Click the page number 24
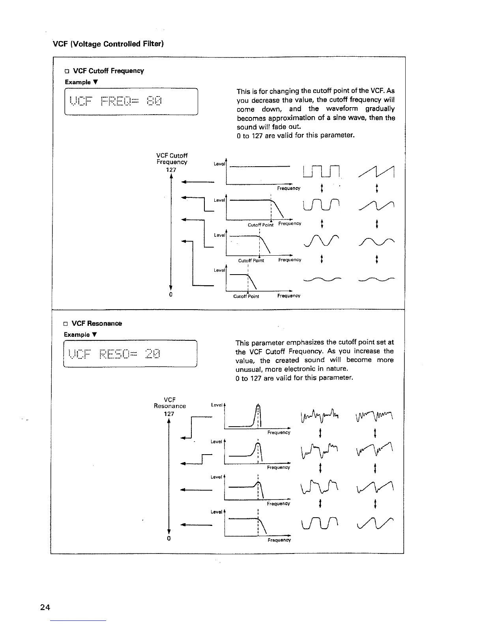[x=45, y=607]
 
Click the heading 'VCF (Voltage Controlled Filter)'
[x=108, y=43]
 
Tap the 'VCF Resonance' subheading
[x=97, y=323]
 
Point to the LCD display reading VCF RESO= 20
[x=130, y=353]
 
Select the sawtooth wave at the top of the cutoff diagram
[x=377, y=171]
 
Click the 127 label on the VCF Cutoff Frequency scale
[x=171, y=170]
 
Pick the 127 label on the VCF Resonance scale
[x=169, y=414]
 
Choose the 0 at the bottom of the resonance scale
[x=168, y=539]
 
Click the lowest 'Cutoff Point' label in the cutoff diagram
[x=246, y=296]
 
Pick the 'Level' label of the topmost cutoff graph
[x=219, y=164]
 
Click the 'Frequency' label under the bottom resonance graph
[x=279, y=540]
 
